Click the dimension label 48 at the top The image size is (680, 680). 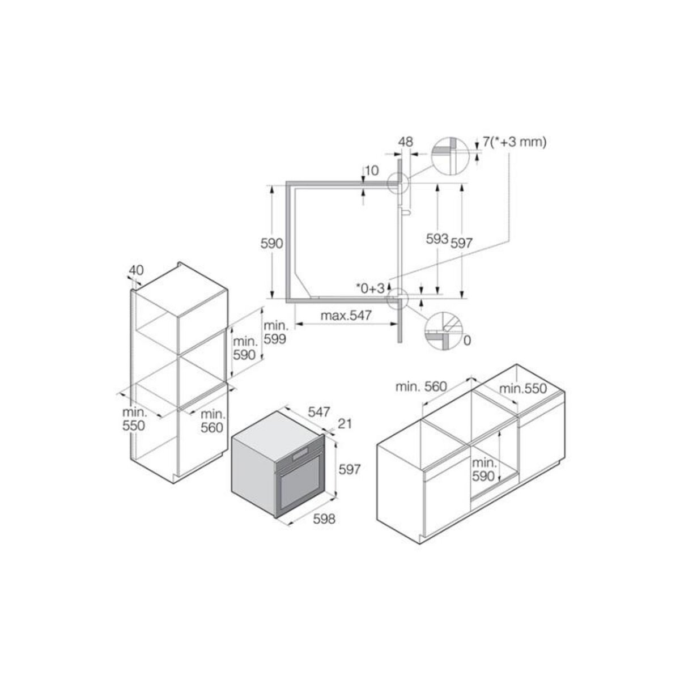406,142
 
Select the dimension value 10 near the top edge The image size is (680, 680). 372,171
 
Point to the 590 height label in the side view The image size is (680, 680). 271,244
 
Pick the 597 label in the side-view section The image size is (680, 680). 461,243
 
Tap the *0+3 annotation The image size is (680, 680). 371,287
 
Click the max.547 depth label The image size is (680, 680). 346,316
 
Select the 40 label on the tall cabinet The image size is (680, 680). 135,270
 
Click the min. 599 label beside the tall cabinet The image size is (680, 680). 274,333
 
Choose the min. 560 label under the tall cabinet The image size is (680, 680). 212,420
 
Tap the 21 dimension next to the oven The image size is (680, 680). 345,424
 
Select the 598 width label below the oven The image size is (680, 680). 324,518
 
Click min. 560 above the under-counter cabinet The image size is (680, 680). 422,387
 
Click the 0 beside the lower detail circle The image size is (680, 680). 467,340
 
